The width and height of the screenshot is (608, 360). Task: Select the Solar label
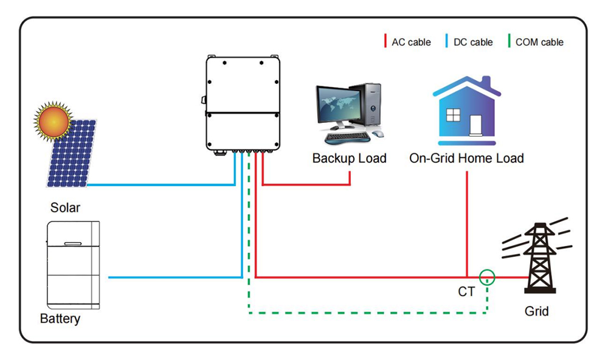(x=65, y=207)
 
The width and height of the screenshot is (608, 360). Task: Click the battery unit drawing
(x=73, y=265)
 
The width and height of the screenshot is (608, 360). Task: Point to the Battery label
(x=60, y=319)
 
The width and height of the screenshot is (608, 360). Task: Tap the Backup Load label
(x=349, y=159)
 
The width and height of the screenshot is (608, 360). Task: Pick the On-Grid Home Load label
(x=466, y=159)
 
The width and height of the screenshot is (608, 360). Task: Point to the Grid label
(x=536, y=311)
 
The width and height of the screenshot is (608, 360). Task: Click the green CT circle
(x=487, y=277)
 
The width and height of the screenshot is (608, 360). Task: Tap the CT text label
(x=466, y=292)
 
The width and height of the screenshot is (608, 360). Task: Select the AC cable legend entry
(x=407, y=42)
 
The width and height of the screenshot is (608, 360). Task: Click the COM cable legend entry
(x=535, y=42)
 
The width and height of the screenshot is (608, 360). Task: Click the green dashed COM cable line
(x=365, y=313)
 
